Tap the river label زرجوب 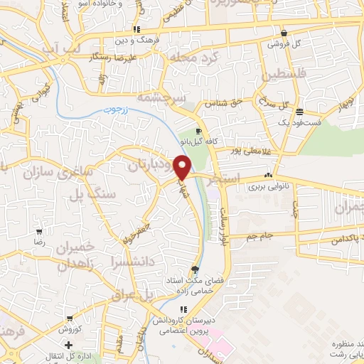point(108,109)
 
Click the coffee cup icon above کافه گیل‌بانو point(198,132)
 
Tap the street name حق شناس point(220,104)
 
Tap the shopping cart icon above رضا point(40,230)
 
